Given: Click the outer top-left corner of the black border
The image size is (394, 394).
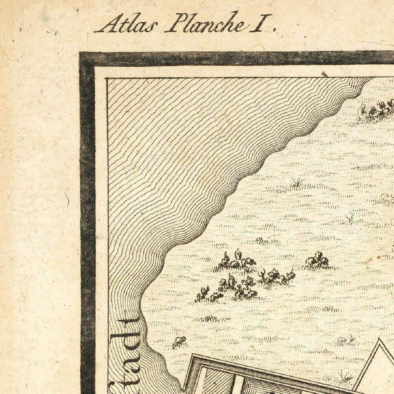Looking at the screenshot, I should coord(80,52).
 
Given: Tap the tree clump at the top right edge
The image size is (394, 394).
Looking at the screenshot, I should coord(379,108).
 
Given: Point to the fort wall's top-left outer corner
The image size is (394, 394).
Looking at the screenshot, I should coord(193,355).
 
